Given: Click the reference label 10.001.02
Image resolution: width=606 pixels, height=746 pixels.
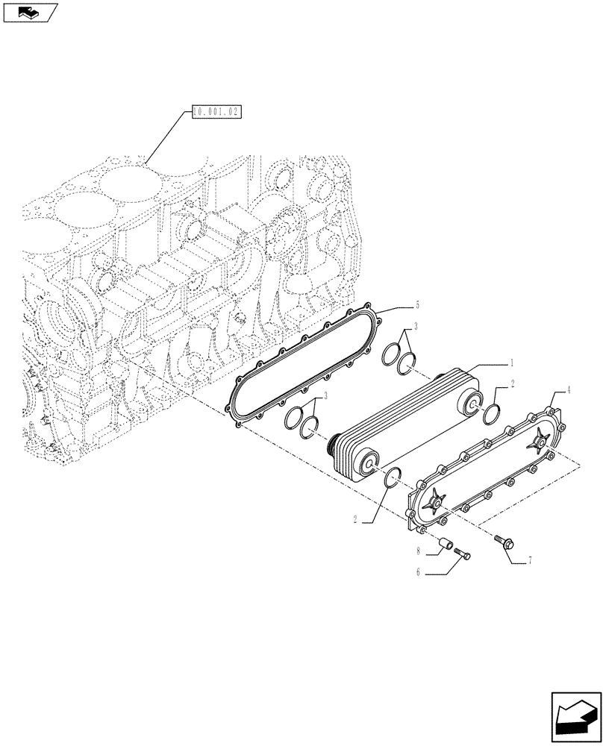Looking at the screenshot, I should [216, 113].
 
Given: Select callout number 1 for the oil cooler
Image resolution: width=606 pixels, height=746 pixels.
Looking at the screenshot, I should [512, 363].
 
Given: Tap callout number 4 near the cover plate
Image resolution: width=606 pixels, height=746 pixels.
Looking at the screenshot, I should [569, 389].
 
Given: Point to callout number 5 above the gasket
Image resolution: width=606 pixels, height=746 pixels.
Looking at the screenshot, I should [417, 305].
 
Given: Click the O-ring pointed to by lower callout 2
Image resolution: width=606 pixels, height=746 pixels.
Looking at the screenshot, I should [392, 478].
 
